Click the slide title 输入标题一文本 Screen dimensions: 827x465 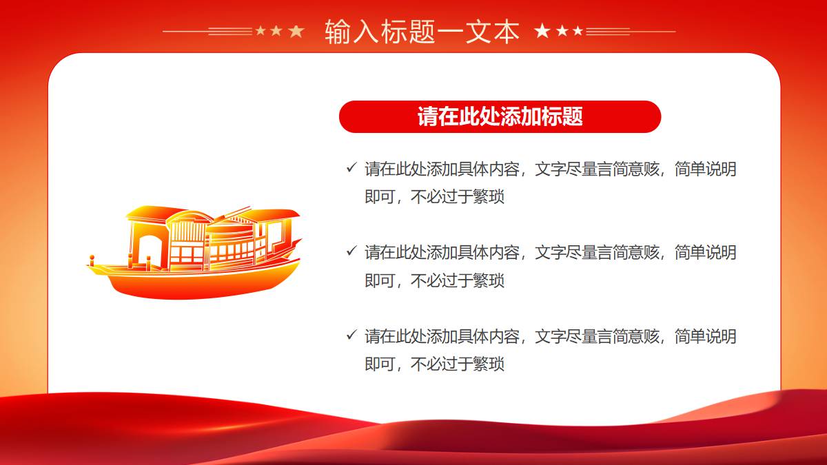(422, 32)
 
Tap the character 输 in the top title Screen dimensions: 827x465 (338, 32)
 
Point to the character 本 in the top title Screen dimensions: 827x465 (507, 32)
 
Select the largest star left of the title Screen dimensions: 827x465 (296, 32)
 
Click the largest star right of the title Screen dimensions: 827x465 (542, 31)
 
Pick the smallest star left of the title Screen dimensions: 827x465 (261, 30)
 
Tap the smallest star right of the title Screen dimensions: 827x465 (578, 31)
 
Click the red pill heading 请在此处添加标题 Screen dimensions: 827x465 (500, 116)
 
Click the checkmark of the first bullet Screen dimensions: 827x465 (351, 167)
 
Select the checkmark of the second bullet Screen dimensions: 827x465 (351, 251)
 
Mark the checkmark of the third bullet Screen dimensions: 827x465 (351, 335)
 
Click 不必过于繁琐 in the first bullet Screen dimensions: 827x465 (458, 197)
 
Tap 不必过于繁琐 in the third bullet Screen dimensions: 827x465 (458, 364)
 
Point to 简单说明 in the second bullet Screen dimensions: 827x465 (706, 253)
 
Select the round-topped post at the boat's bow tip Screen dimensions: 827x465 (92, 260)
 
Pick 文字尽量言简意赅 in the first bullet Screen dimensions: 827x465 (597, 169)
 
